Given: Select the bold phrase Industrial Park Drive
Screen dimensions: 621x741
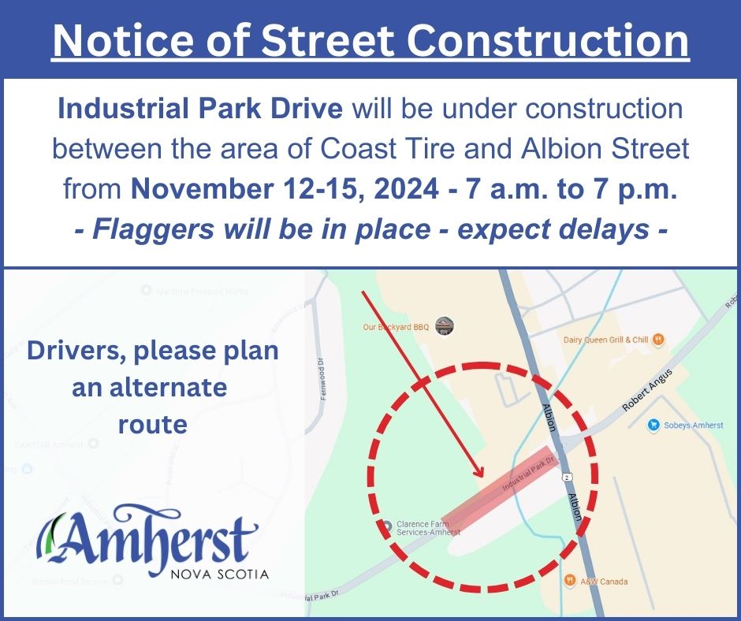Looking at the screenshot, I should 200,109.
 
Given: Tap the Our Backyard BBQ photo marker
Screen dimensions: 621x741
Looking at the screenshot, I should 445,325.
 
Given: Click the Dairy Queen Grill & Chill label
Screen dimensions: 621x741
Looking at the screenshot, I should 605,340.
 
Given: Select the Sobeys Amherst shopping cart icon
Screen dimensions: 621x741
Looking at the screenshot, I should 653,425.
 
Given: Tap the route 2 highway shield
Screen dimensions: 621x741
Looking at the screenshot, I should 566,478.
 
